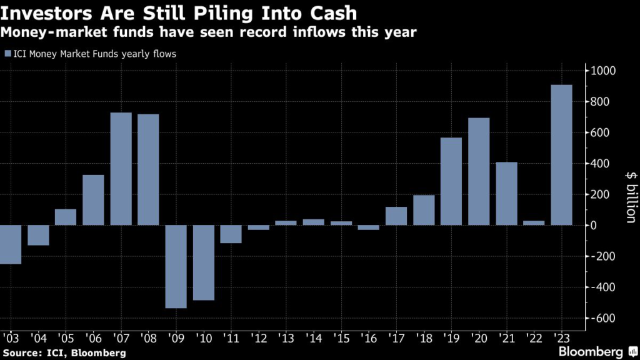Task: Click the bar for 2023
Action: click(561, 155)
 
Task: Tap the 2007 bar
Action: click(121, 169)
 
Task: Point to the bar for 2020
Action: click(479, 171)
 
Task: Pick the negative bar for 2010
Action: click(204, 262)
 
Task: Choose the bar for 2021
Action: click(506, 194)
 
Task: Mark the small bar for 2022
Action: click(534, 222)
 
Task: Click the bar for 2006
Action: click(94, 200)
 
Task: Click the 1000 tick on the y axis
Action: click(604, 71)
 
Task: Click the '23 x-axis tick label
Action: click(561, 338)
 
